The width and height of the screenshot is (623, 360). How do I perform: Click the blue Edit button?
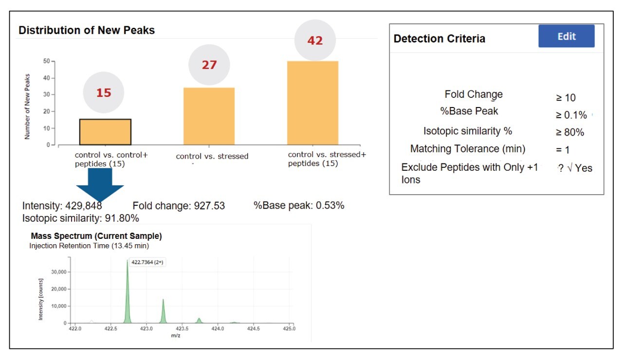point(566,36)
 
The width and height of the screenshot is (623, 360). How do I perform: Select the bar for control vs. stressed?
point(209,116)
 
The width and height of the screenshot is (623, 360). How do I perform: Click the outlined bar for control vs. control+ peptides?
point(105,132)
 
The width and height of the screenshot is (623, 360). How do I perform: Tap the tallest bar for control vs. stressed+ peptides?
point(312,103)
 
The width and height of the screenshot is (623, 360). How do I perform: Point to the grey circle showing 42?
point(315,41)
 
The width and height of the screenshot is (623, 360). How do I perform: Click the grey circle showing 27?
point(209,65)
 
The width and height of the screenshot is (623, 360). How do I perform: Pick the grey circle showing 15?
point(103,92)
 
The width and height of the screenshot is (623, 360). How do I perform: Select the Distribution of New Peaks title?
point(87,30)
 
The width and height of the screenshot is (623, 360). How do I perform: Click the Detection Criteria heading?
point(439,39)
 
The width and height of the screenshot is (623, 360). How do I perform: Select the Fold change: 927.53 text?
point(179,206)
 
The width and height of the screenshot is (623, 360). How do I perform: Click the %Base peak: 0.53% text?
point(299,205)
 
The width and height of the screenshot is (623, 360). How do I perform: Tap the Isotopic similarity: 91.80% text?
point(81,218)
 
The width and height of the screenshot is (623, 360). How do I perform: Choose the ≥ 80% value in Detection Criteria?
point(570,132)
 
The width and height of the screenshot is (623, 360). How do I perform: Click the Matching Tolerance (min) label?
point(467,149)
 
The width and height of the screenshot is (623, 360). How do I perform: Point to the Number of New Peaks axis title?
point(27,107)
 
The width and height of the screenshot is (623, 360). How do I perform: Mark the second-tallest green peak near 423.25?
point(163,311)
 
